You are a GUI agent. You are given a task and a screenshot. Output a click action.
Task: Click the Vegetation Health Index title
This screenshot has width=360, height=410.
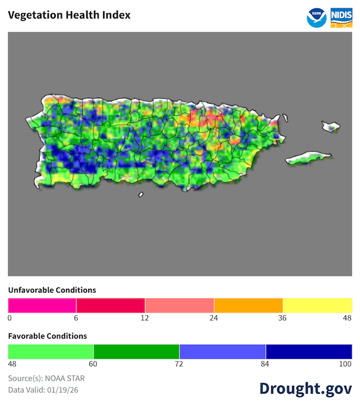[69, 15]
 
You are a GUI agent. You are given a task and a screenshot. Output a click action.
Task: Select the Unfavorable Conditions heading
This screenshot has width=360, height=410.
[52, 290]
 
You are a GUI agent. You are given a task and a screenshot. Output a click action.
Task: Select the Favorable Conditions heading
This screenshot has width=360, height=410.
[47, 336]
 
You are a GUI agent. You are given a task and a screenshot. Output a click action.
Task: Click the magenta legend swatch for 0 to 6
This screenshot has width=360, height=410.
[42, 305]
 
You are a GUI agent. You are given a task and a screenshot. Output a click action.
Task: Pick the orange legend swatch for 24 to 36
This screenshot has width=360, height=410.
[248, 305]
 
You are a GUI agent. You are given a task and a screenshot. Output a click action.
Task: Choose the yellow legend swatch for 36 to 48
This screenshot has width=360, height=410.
[317, 305]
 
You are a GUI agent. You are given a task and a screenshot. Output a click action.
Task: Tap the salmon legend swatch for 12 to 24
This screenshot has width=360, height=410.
[179, 305]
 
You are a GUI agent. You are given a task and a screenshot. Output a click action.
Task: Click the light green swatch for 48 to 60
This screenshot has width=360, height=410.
[51, 351]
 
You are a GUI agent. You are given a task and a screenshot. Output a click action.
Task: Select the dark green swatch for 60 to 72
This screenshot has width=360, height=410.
[137, 351]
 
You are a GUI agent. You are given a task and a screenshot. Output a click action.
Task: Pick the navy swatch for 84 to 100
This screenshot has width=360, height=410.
[308, 351]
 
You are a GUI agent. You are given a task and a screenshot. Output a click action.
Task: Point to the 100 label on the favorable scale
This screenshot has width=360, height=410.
[346, 364]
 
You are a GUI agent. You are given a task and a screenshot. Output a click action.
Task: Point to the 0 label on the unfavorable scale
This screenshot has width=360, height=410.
[10, 318]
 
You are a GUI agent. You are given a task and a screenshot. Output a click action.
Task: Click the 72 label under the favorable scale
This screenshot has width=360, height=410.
[179, 364]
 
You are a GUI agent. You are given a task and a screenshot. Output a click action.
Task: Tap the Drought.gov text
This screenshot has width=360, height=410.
[305, 388]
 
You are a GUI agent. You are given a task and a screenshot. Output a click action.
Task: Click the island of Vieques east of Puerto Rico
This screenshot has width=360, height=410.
[308, 158]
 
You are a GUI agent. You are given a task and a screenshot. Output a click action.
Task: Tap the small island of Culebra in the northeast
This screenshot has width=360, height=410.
[331, 127]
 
